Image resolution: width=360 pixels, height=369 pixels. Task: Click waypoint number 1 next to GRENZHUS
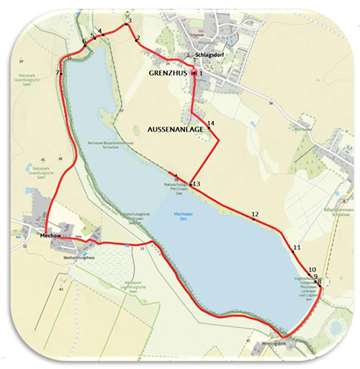pyautogui.click(x=202, y=73)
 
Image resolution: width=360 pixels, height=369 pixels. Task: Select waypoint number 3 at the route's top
pyautogui.click(x=129, y=21)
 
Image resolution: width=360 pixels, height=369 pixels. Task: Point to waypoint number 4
pyautogui.click(x=100, y=31)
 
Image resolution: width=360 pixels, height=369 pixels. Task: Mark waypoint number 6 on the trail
pyautogui.click(x=84, y=42)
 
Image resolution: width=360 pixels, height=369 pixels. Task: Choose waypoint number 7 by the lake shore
pyautogui.click(x=58, y=73)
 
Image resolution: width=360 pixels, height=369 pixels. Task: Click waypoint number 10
pyautogui.click(x=312, y=270)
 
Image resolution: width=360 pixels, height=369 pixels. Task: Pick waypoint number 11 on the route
pyautogui.click(x=297, y=248)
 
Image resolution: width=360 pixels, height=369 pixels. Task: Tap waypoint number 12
pyautogui.click(x=255, y=214)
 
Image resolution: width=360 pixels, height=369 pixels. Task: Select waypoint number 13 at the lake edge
pyautogui.click(x=196, y=184)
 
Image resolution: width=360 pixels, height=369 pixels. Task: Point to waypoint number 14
pyautogui.click(x=211, y=124)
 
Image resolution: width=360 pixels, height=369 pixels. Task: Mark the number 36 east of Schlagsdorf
pyautogui.click(x=271, y=104)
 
